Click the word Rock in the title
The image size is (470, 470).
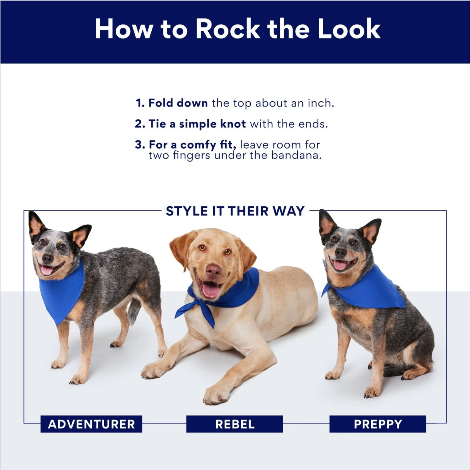pos(227,29)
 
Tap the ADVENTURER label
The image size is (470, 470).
pos(91,424)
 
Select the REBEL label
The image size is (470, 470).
pos(235,424)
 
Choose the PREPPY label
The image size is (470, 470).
pos(378,424)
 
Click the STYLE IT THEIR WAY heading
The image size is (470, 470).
pos(235,211)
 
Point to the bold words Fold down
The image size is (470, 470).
pos(178,103)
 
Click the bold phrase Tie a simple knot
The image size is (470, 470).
pos(197,124)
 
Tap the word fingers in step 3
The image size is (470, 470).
pos(191,155)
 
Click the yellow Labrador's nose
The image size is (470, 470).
pos(214,270)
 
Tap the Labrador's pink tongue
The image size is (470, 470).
pos(210,290)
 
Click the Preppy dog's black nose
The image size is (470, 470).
pos(340,252)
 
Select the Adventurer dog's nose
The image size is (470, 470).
pos(47,258)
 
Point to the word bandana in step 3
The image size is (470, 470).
pos(296,155)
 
